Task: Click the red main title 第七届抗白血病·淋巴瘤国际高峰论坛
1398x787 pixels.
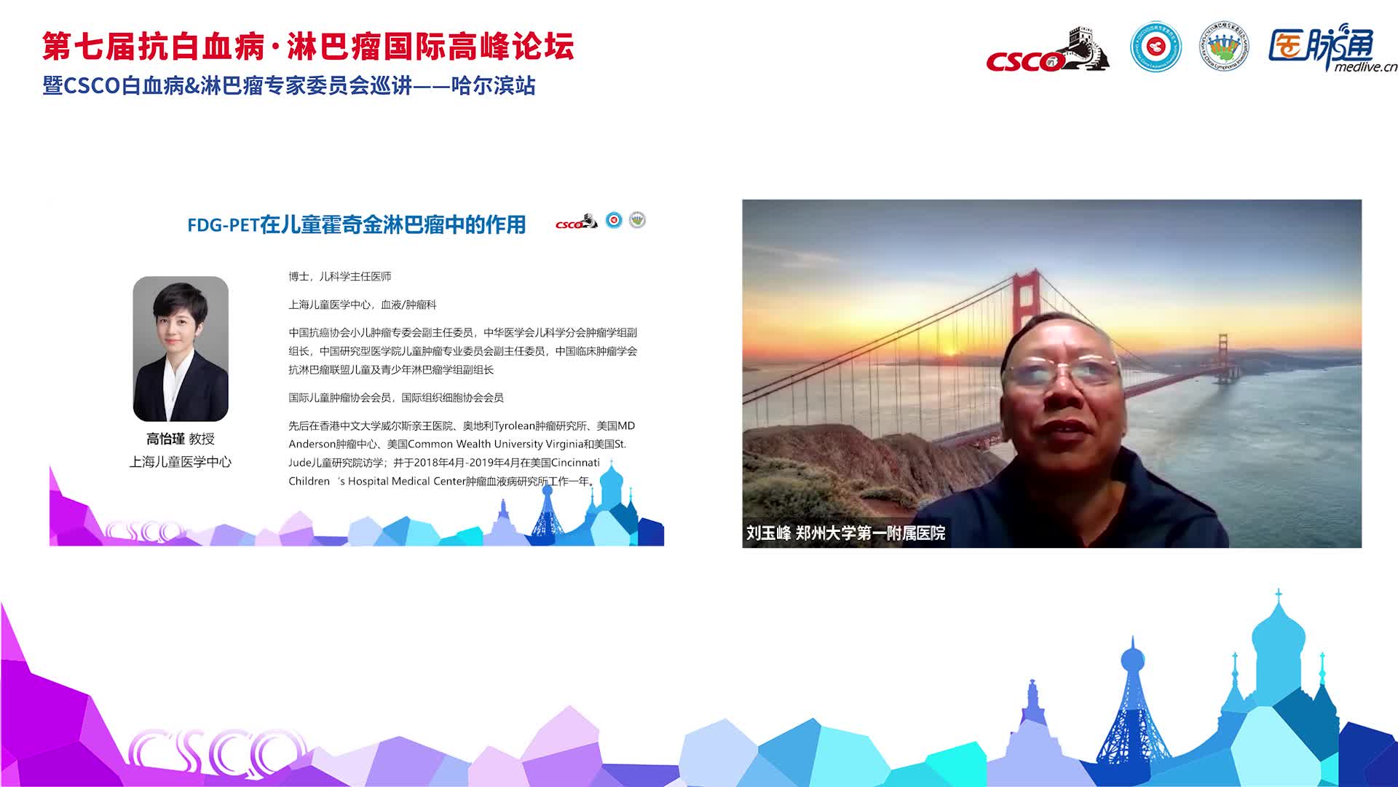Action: pyautogui.click(x=308, y=47)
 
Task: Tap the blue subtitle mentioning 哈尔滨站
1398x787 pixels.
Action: pyautogui.click(x=289, y=86)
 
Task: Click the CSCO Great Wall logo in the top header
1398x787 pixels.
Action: pyautogui.click(x=1048, y=50)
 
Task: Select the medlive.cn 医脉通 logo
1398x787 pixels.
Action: pyautogui.click(x=1332, y=49)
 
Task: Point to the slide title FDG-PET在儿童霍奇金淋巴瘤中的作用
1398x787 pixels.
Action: pyautogui.click(x=356, y=224)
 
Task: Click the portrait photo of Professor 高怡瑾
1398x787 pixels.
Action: pyautogui.click(x=181, y=348)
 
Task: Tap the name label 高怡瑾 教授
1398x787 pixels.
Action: pyautogui.click(x=181, y=439)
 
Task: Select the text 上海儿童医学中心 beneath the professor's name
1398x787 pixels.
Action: pyautogui.click(x=181, y=462)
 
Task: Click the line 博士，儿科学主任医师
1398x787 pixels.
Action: pyautogui.click(x=340, y=277)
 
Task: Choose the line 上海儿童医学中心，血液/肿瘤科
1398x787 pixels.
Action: pyautogui.click(x=363, y=305)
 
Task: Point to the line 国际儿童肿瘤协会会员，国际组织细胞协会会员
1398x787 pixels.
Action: pyautogui.click(x=396, y=398)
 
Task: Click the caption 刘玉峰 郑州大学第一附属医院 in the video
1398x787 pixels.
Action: pyautogui.click(x=845, y=533)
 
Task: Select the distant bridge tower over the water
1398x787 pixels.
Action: pyautogui.click(x=1223, y=358)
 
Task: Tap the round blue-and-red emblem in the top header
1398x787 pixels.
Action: pyautogui.click(x=1156, y=47)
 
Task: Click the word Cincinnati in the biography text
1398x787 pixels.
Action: pyautogui.click(x=575, y=463)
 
